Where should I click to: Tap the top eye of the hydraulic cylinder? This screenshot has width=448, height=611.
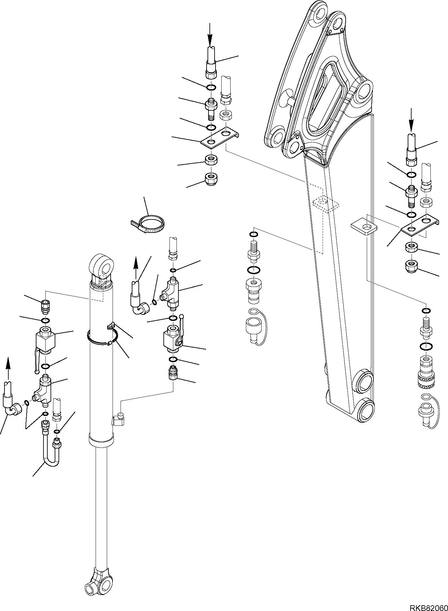101,264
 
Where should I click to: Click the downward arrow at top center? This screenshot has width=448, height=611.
209,34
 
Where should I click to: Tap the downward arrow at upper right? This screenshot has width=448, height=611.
411,120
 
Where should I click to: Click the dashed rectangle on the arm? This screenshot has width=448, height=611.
326,204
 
